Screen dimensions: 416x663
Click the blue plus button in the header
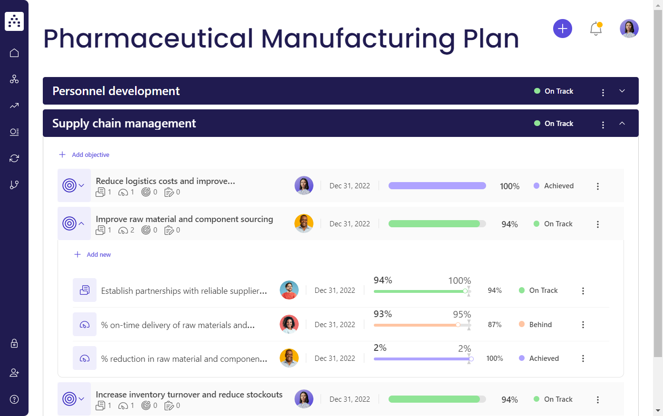coord(562,29)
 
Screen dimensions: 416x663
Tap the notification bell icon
coord(595,29)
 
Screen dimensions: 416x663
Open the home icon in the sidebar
coord(14,53)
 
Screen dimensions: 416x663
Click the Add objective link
coord(90,155)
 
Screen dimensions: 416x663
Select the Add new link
coord(98,254)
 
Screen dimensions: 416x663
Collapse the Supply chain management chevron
coord(622,123)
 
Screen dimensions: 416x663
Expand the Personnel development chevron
coord(622,91)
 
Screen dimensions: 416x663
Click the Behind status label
coord(540,324)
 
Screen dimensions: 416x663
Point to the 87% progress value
coord(495,324)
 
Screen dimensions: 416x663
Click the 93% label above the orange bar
coord(382,314)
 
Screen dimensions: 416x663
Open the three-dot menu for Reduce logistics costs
coord(598,186)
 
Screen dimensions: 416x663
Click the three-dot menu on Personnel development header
coord(603,92)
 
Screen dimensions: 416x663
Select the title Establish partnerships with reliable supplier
coord(184,290)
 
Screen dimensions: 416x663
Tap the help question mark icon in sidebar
coord(14,399)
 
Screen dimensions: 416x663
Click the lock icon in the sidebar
coord(14,343)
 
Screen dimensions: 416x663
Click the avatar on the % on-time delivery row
coord(289,324)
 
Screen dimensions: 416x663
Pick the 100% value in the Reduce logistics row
coord(509,186)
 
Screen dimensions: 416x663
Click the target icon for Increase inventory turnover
coord(69,399)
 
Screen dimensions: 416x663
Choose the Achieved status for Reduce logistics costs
coord(558,186)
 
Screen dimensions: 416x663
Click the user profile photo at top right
coord(629,29)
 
